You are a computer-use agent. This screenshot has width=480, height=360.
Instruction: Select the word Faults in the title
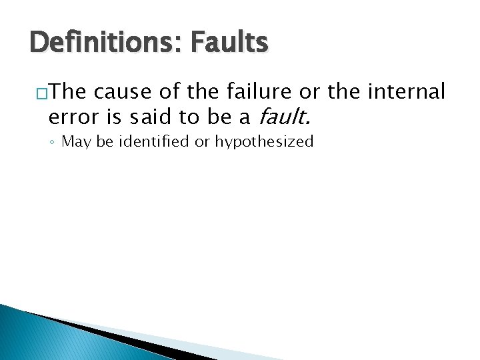click(x=229, y=43)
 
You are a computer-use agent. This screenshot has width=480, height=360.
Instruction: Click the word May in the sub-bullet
click(x=75, y=141)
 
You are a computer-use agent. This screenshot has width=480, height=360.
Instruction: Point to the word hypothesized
click(x=264, y=142)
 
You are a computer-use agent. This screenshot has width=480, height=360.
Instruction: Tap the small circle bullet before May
click(x=53, y=142)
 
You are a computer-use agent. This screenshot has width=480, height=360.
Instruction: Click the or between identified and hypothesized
click(x=202, y=142)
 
